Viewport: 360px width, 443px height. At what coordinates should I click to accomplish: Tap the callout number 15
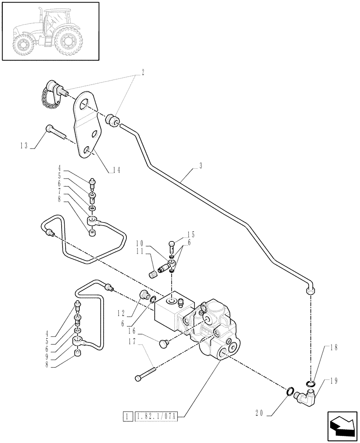click(191, 234)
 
